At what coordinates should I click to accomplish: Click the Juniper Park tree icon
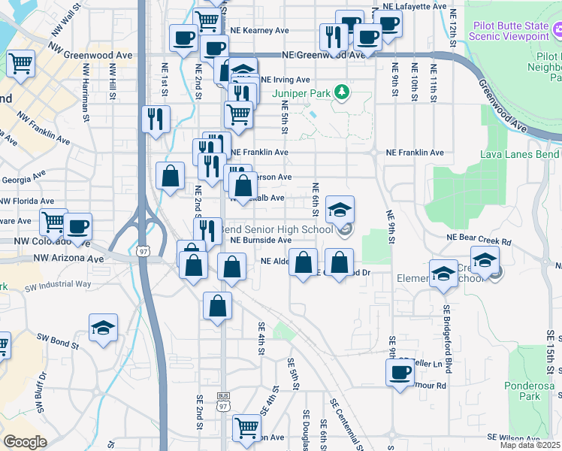[x=343, y=92]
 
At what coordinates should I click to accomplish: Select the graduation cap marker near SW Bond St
[x=103, y=328]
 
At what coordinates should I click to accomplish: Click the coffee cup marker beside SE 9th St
[x=400, y=371]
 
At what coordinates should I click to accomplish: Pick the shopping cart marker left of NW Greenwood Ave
[x=21, y=63]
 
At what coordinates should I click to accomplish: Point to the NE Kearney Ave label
[x=260, y=31]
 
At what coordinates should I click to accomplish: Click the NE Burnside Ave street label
[x=261, y=240]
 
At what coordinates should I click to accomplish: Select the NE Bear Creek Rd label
[x=478, y=242]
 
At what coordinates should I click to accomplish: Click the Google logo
[x=24, y=442]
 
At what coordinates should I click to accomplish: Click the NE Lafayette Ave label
[x=415, y=6]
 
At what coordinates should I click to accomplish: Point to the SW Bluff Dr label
[x=42, y=392]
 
